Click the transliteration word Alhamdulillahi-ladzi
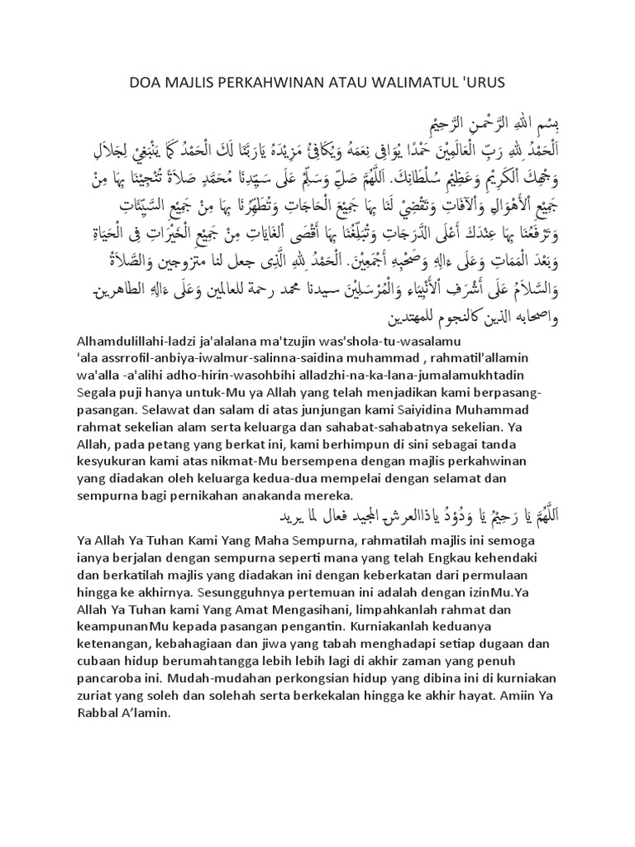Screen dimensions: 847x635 click(x=182, y=341)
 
